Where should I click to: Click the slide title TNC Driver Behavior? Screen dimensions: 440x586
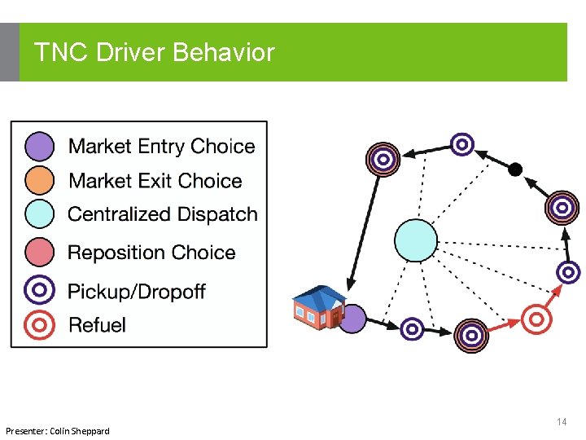(x=155, y=53)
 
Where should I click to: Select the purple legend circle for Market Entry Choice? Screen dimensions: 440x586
(x=40, y=146)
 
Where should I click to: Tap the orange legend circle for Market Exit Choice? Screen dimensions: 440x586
(x=40, y=180)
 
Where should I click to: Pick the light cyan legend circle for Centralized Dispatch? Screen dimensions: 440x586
(x=40, y=214)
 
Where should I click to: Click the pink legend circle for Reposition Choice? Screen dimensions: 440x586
(x=40, y=252)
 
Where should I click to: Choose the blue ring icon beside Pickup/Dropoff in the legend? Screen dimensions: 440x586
(x=40, y=290)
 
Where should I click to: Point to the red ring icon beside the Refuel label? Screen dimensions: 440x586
(x=40, y=324)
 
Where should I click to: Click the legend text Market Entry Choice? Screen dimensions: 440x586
(x=161, y=147)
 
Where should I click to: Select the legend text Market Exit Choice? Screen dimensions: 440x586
(x=155, y=181)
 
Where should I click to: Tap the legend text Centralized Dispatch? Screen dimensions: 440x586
(x=162, y=215)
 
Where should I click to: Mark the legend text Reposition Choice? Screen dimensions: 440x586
(x=151, y=253)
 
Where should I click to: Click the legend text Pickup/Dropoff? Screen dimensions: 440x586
(x=136, y=291)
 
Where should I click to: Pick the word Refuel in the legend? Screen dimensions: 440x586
(x=97, y=325)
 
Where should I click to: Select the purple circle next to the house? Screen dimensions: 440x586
(x=352, y=319)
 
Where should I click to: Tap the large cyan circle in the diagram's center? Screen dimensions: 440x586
(x=415, y=240)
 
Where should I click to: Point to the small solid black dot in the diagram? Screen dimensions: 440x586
(x=514, y=169)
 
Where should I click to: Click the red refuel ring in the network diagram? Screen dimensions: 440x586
(x=536, y=318)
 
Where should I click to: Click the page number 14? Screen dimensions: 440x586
(x=562, y=422)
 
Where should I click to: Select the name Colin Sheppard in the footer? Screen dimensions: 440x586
(x=79, y=430)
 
